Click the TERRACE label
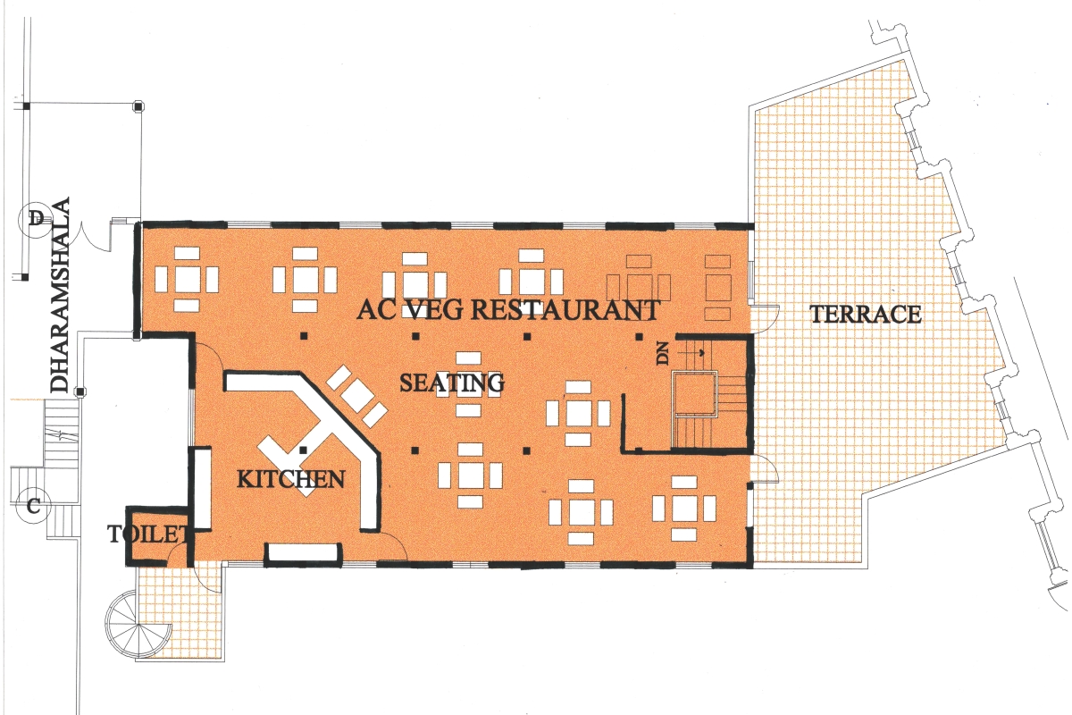tap(866, 314)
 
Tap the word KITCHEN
tap(291, 478)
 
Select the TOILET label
tap(148, 534)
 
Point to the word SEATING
tap(452, 383)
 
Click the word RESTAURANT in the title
tap(565, 309)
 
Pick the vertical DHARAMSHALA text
tap(61, 295)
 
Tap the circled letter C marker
tap(32, 506)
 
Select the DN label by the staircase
tap(663, 355)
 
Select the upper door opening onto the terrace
tap(765, 318)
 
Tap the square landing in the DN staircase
tap(694, 393)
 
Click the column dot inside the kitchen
tap(303, 450)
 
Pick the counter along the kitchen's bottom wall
tap(304, 551)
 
